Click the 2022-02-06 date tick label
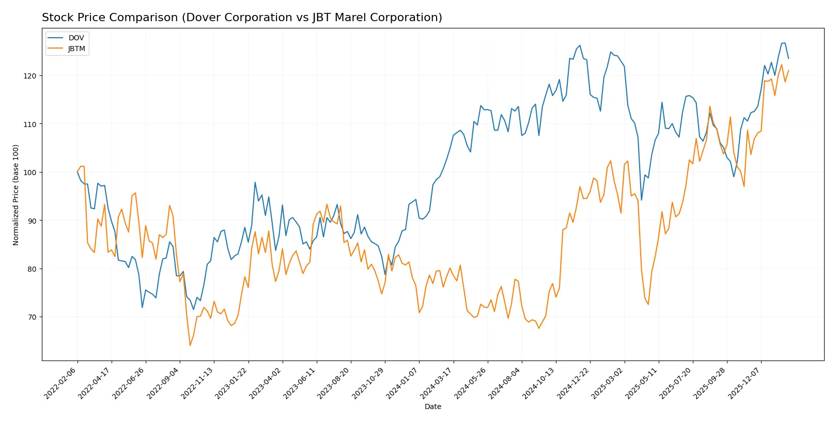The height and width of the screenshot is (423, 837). click(x=61, y=383)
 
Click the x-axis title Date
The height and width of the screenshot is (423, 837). click(x=432, y=407)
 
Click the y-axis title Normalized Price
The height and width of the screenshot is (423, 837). click(x=16, y=195)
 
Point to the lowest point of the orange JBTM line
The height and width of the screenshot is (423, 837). click(x=190, y=346)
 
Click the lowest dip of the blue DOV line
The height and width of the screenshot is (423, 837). click(x=143, y=307)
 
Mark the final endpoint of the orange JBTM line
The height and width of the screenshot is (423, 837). click(x=788, y=71)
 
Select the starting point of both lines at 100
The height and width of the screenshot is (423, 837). click(x=78, y=172)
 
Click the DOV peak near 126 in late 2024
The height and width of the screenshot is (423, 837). click(x=580, y=45)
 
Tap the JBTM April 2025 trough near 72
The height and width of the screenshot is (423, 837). click(x=648, y=304)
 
